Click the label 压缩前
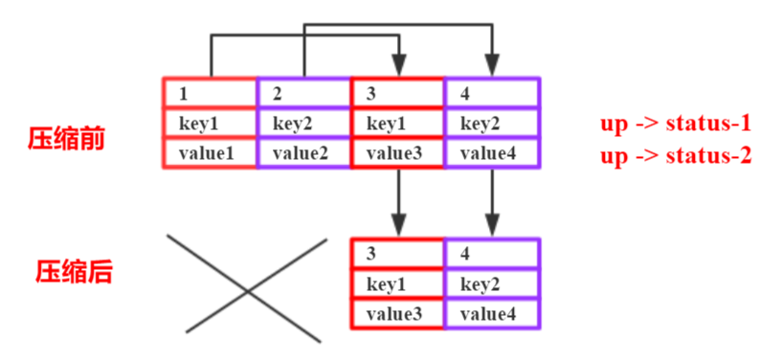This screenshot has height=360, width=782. (66, 138)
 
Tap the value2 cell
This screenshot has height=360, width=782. (303, 152)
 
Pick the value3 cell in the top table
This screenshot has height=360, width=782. (397, 152)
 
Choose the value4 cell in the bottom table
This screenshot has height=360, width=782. (491, 313)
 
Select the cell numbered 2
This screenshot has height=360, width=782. (303, 94)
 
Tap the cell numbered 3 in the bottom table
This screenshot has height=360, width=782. (397, 255)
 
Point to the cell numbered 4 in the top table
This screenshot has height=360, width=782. (491, 94)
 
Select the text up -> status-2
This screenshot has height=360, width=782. (676, 155)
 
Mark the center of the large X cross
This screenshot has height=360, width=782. (247, 286)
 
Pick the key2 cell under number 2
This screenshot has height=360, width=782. (303, 124)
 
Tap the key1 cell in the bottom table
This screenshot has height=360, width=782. (397, 284)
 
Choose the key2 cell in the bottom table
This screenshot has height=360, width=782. (491, 284)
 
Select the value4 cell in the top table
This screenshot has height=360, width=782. (491, 152)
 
